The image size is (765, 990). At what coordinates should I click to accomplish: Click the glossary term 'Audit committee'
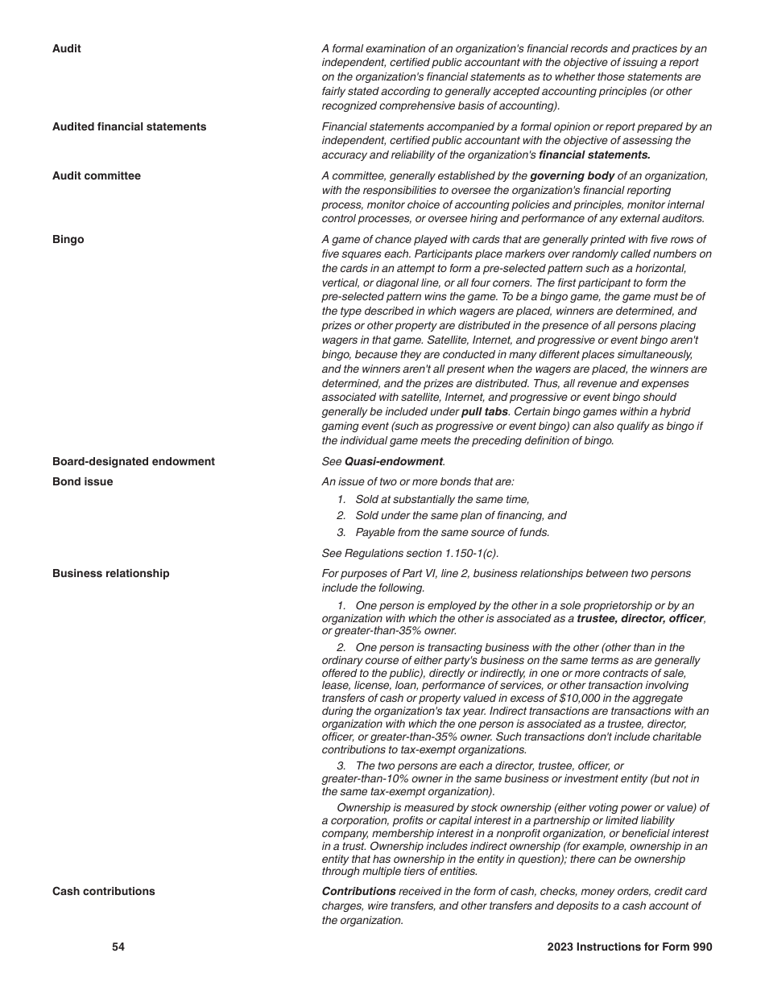96,176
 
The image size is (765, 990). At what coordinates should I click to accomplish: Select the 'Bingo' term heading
68,240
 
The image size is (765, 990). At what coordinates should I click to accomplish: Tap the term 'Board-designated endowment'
133,462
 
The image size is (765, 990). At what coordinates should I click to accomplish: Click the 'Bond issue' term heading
82,482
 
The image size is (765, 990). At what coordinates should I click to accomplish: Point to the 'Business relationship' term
110,574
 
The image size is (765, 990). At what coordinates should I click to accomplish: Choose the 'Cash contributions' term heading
103,892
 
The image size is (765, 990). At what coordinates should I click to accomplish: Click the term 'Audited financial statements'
129,127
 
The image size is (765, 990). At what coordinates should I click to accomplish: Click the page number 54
118,947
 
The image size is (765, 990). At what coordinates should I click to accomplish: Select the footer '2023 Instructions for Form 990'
629,947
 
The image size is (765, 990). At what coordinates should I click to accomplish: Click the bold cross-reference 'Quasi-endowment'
393,462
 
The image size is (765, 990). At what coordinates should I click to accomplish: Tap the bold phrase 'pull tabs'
484,412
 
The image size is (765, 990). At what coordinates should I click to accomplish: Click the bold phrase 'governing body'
572,176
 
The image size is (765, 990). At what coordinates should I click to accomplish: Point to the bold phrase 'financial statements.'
594,155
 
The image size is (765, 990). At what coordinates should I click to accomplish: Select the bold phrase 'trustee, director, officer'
640,619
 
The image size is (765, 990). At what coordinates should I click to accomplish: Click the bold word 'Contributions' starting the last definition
358,892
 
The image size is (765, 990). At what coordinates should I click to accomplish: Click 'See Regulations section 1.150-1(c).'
410,554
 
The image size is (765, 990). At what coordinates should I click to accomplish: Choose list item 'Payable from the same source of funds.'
452,533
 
